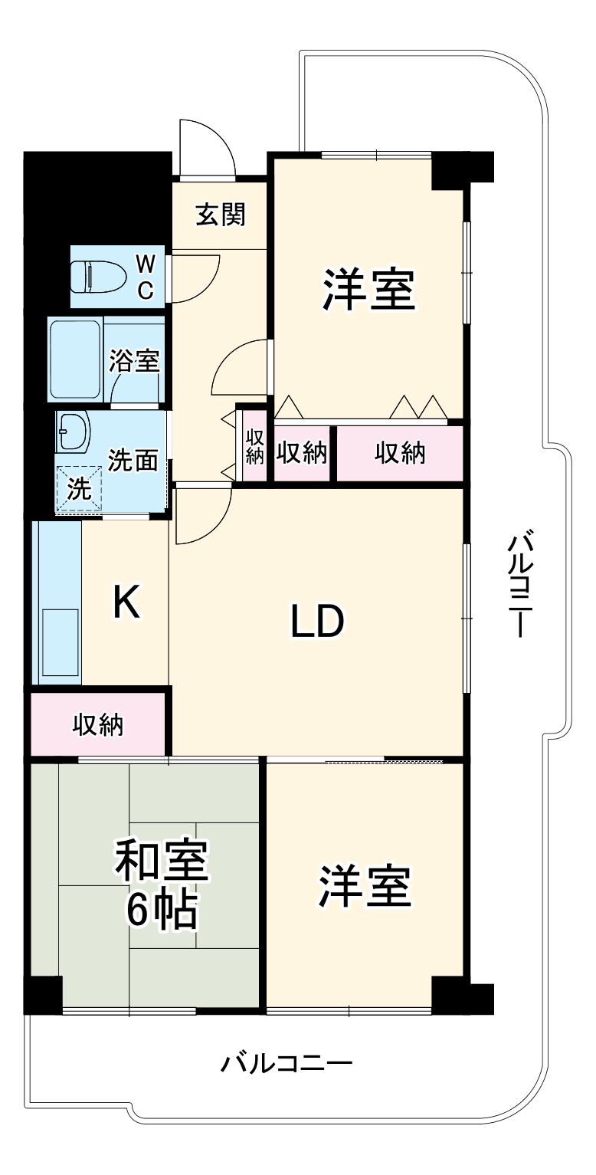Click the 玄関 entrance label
coord(220,215)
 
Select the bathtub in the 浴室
coord(75,359)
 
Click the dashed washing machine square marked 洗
coord(78,488)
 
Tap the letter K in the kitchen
coord(126,602)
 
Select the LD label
coord(316,622)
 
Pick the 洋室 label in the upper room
coord(368,289)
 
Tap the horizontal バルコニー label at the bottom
coord(287,1064)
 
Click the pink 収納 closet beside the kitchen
coord(98,724)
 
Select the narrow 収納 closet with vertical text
coord(254,445)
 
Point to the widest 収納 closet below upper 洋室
coord(399,453)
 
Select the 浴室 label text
coord(134,360)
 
